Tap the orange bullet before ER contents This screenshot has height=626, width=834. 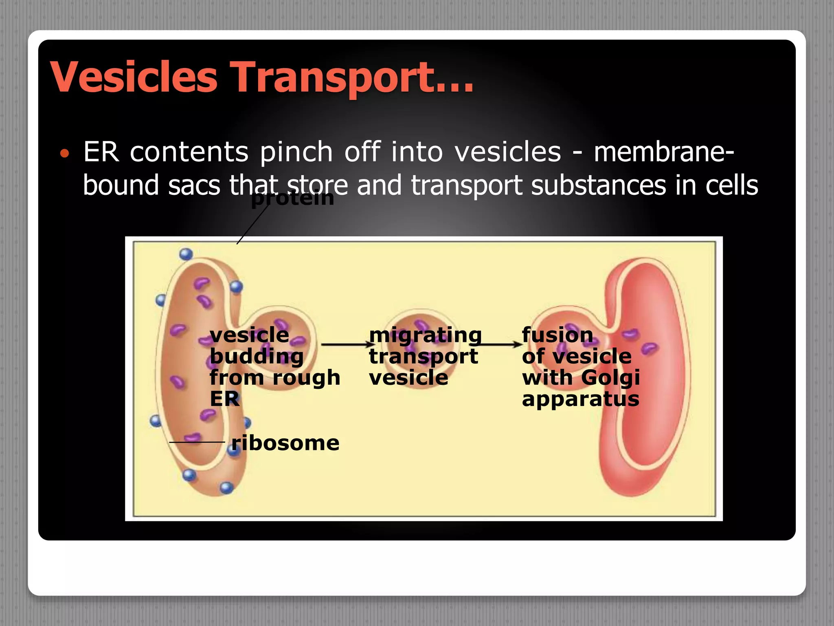click(64, 154)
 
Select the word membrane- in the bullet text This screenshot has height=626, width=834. click(664, 152)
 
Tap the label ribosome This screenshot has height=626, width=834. click(285, 443)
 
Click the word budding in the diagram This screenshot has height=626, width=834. click(257, 357)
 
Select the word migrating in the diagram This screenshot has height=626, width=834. click(425, 335)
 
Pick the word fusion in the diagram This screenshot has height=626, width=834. click(557, 335)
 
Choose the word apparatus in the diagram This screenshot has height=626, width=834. click(580, 399)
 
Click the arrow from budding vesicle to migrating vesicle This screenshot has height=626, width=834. click(346, 345)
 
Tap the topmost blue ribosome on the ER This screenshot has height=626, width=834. click(186, 254)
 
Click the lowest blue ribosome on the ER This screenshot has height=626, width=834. click(226, 487)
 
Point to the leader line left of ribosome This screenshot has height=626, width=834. click(197, 442)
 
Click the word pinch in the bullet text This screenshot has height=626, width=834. click(296, 152)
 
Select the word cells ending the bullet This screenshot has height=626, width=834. click(731, 185)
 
